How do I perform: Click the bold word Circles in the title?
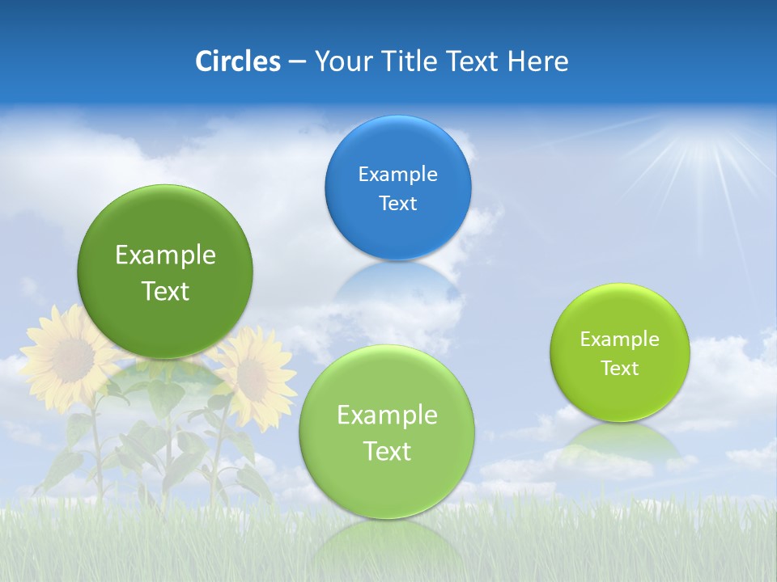238,61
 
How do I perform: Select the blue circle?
397,188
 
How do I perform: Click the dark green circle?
165,272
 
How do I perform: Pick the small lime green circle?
620,352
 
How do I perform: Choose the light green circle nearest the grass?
387,432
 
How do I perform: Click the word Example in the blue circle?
397,174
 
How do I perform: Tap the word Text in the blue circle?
397,203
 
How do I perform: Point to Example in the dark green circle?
165,255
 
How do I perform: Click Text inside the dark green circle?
165,291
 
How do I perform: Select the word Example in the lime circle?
620,339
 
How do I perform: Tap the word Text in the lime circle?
620,369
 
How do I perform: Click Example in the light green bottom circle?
387,415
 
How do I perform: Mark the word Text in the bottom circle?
387,451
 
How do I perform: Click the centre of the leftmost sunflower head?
71,354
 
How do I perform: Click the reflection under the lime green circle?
620,441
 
